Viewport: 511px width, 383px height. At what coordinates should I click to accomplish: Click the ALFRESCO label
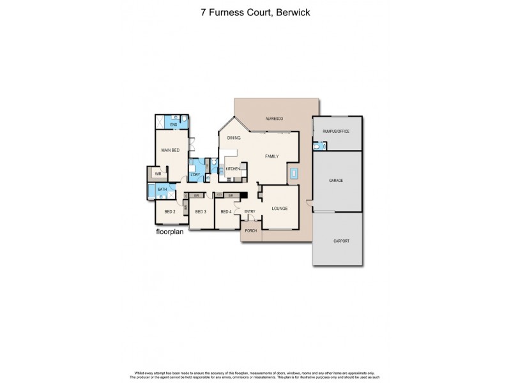point(275,119)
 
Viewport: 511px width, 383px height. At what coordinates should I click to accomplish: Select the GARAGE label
point(336,181)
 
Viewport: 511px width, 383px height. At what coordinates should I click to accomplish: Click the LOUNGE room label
point(279,208)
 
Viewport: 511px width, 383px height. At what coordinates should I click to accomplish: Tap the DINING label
point(234,137)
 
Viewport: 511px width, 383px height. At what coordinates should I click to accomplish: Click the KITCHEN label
point(233,169)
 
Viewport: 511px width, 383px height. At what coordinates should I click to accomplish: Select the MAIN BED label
point(170,150)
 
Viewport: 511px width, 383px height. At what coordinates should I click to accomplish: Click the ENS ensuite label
point(173,125)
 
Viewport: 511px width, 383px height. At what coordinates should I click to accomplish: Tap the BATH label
point(162,189)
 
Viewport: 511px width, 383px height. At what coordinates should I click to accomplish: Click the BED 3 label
point(200,211)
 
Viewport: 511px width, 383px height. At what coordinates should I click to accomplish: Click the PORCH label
point(251,230)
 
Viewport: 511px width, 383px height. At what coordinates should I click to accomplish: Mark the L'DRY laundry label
point(195,175)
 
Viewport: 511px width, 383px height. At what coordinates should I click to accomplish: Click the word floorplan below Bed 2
point(171,232)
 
